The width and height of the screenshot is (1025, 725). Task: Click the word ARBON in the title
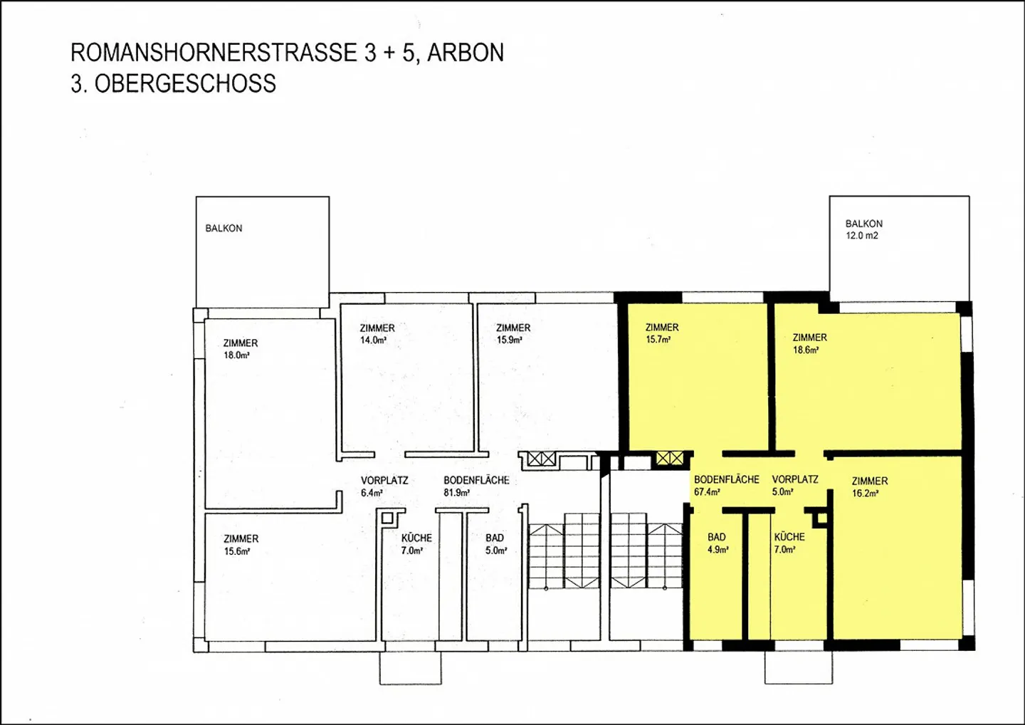[465, 53]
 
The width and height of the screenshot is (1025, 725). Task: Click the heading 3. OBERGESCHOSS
[173, 84]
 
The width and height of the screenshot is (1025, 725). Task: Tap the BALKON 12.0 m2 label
[863, 229]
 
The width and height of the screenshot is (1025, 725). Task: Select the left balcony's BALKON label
[224, 229]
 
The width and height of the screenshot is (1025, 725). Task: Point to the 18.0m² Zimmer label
[240, 349]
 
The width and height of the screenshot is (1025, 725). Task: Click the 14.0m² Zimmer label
[377, 334]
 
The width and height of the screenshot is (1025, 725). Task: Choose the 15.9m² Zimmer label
[512, 334]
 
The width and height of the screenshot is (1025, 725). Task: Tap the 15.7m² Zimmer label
[661, 333]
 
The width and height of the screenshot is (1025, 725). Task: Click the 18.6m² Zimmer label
[809, 343]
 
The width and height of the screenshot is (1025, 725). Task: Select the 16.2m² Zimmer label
[869, 487]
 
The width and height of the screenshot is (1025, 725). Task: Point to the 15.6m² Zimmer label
[241, 545]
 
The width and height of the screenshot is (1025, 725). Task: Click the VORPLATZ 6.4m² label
[384, 486]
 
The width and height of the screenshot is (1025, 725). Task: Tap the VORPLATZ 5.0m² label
[794, 485]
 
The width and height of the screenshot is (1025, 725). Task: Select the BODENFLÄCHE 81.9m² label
[475, 486]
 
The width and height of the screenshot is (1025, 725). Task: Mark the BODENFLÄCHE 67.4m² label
[726, 485]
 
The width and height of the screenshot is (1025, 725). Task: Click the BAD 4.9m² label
[717, 543]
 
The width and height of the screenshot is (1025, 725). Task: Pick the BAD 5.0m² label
[495, 544]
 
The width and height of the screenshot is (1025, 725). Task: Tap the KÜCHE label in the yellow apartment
[789, 543]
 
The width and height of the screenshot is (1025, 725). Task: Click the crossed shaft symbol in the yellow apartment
[669, 458]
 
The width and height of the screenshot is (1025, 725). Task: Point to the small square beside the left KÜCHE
[389, 518]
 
